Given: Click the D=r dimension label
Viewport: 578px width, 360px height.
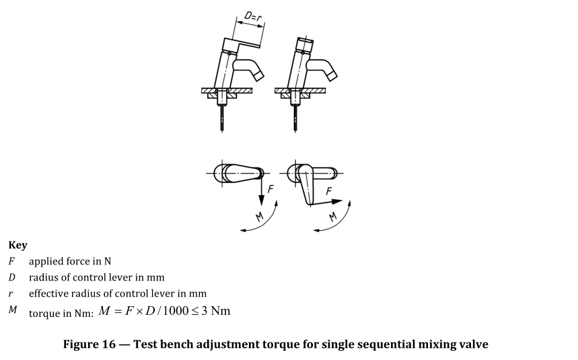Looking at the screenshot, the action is pyautogui.click(x=253, y=17).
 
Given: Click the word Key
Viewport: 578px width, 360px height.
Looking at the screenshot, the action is pyautogui.click(x=17, y=245).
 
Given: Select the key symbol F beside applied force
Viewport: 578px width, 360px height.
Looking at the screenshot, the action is pyautogui.click(x=12, y=261).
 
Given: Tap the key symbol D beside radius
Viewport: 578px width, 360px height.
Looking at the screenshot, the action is pyautogui.click(x=12, y=277).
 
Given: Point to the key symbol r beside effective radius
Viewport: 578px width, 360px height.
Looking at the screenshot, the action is pyautogui.click(x=11, y=294).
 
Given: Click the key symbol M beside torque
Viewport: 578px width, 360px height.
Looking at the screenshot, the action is pyautogui.click(x=13, y=310).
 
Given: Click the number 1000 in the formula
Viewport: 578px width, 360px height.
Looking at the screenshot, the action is pyautogui.click(x=176, y=311).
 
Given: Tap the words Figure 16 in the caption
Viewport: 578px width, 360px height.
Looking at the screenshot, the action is pyautogui.click(x=89, y=344).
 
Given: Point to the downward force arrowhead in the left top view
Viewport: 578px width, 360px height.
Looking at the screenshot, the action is pyautogui.click(x=261, y=201).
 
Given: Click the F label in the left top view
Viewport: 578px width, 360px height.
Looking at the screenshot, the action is pyautogui.click(x=271, y=189).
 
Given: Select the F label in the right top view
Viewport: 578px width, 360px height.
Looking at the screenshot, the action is pyautogui.click(x=329, y=191).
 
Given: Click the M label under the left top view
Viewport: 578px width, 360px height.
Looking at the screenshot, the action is pyautogui.click(x=260, y=216).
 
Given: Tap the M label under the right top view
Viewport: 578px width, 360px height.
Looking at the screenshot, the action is pyautogui.click(x=333, y=216).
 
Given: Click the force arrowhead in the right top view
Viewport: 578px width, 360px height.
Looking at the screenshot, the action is pyautogui.click(x=337, y=202).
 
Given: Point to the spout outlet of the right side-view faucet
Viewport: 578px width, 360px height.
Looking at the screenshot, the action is pyautogui.click(x=332, y=75).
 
